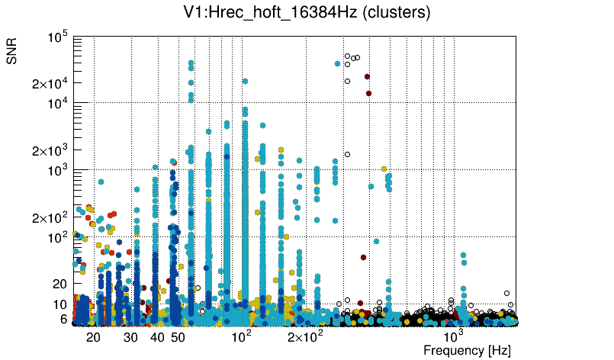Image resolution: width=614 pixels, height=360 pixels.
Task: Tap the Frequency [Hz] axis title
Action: click(467, 350)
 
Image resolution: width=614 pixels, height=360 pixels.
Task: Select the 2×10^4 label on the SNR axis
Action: click(51, 83)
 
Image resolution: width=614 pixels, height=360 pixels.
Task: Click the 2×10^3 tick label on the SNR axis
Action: click(51, 150)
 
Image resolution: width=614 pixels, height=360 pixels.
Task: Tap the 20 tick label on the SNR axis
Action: click(59, 284)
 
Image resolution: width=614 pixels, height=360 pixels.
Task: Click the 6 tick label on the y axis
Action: click(63, 319)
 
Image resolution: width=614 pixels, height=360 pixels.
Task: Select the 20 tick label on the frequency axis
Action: click(93, 336)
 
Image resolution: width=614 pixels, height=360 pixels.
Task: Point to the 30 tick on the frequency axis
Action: click(130, 336)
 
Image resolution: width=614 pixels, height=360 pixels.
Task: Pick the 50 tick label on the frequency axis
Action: click(178, 336)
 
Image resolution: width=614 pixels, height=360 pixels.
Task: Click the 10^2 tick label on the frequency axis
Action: click(242, 336)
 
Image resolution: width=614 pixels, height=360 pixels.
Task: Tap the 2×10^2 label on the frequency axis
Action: click(305, 336)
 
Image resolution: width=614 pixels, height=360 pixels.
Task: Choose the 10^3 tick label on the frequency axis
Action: click(454, 336)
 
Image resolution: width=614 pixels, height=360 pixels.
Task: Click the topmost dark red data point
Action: click(367, 76)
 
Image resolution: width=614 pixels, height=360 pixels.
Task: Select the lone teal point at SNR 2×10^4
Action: click(245, 81)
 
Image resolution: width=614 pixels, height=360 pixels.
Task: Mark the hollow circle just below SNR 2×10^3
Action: click(347, 155)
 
